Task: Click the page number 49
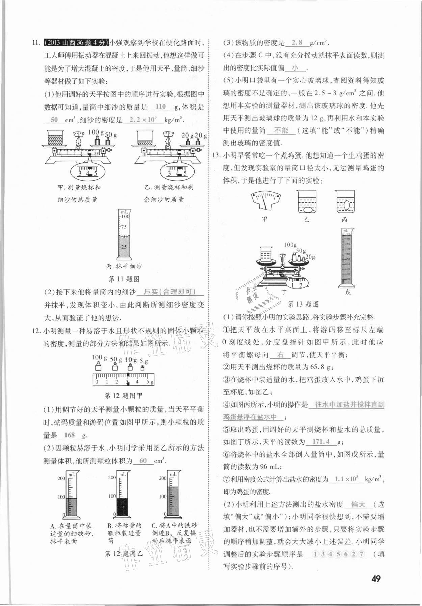coord(376,578)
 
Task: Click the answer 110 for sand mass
coord(161,107)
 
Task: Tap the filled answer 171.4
coord(321,441)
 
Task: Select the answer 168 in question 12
coord(69,435)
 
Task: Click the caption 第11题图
coord(124,279)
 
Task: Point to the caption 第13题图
coord(303,304)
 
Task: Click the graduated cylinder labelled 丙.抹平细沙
coord(124,235)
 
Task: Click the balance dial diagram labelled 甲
coord(266,201)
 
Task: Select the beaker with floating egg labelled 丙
coord(345,202)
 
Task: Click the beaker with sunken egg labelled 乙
coord(306,202)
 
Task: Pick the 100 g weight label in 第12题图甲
coord(99,357)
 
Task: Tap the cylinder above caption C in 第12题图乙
coord(173,495)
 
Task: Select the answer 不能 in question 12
coord(281,130)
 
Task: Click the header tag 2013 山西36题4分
coord(76,43)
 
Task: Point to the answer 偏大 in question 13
coord(358,504)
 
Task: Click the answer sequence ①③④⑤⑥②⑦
coord(338,554)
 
